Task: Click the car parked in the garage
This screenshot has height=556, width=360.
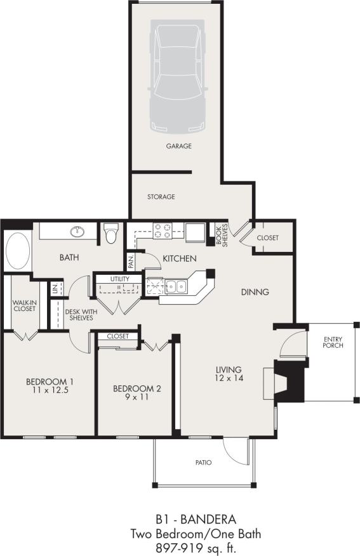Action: click(178, 75)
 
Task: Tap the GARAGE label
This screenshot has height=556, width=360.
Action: click(178, 146)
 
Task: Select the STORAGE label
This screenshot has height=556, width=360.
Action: click(161, 197)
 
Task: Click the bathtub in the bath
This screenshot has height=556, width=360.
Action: click(17, 251)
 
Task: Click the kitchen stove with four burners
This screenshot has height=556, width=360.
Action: click(162, 230)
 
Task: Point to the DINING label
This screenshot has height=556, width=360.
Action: click(255, 293)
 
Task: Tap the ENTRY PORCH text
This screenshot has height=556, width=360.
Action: click(332, 343)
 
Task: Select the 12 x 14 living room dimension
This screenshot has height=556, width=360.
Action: click(229, 378)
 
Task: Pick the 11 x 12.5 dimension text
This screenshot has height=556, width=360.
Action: click(50, 391)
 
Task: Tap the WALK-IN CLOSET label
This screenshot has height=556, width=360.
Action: click(24, 306)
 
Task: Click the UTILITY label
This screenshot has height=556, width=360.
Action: click(119, 279)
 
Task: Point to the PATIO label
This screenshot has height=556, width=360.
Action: click(203, 463)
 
